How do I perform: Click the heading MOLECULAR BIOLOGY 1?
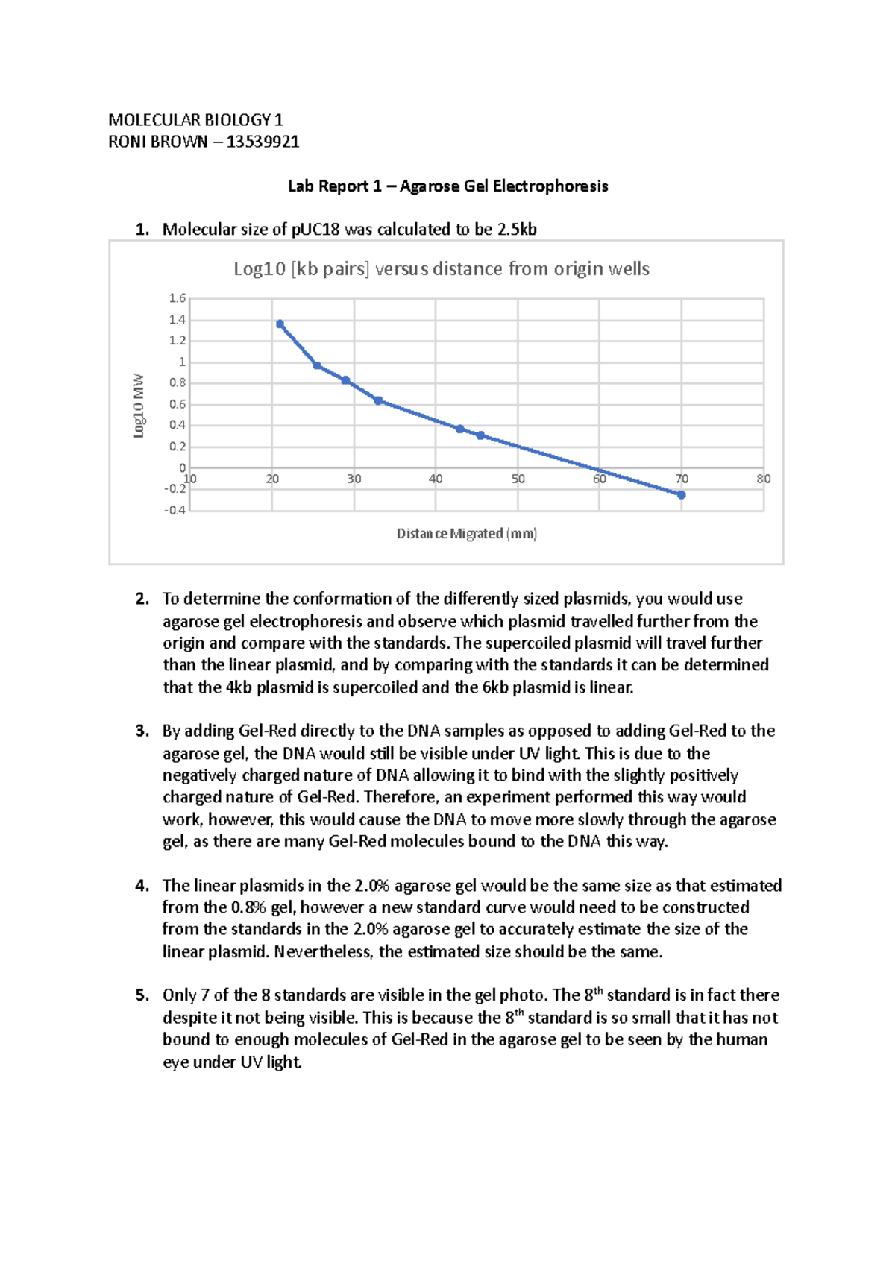click(195, 119)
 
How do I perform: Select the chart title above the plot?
click(441, 268)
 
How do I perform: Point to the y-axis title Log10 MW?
click(139, 406)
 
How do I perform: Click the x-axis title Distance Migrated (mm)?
click(467, 533)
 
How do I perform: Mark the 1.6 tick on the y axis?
click(178, 298)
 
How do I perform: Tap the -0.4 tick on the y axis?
click(175, 511)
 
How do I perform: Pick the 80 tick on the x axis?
click(763, 479)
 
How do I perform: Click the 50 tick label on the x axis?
click(518, 479)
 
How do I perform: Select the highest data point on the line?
click(280, 324)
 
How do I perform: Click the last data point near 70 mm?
click(681, 494)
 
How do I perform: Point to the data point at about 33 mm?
click(378, 401)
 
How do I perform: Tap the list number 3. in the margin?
click(142, 731)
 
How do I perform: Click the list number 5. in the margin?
click(142, 995)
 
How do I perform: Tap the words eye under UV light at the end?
click(232, 1062)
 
